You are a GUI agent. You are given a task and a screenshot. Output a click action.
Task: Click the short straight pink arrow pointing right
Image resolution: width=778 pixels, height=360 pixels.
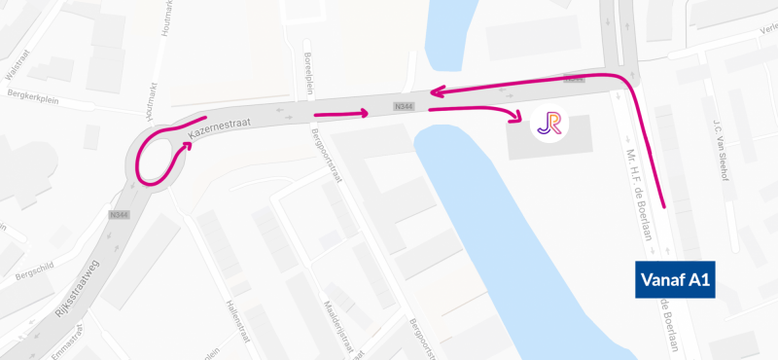[340, 114]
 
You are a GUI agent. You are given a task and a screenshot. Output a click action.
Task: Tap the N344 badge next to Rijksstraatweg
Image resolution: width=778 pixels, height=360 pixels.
[121, 214]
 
